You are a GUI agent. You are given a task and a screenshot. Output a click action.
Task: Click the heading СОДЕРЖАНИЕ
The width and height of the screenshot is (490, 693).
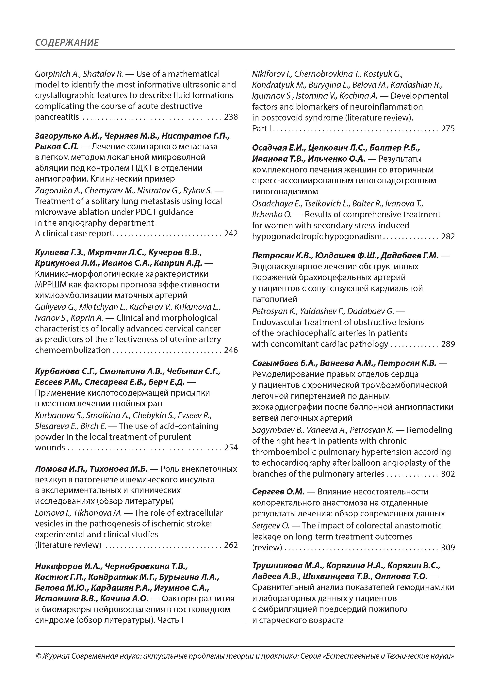click(x=67, y=42)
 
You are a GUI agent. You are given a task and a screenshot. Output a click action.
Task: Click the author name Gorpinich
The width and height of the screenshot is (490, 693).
click(x=52, y=74)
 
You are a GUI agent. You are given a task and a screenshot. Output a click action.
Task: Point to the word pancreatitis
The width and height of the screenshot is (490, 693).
click(x=57, y=117)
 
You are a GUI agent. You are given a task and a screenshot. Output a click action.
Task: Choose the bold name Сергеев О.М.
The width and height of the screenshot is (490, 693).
click(x=278, y=492)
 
